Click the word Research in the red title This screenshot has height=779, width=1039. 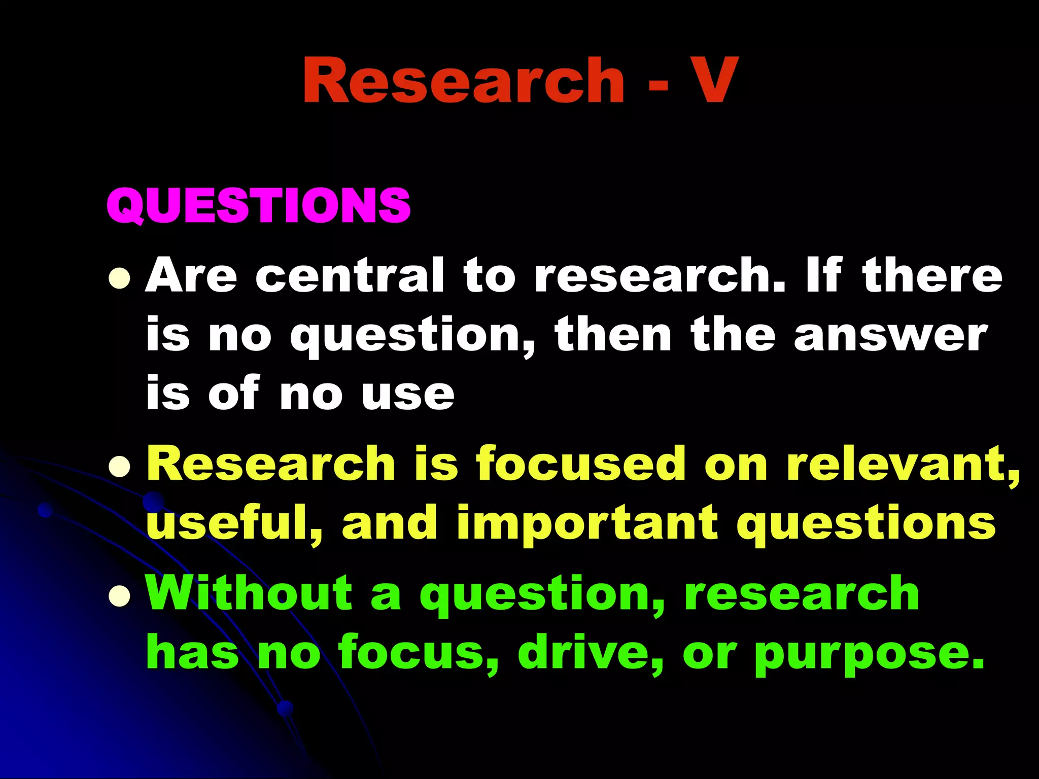coord(463,81)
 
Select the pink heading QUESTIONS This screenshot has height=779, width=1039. coord(259,205)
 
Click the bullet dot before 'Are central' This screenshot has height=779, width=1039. coord(120,278)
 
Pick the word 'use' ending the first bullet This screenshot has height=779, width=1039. coord(408,395)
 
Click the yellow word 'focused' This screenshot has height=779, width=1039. coord(581,464)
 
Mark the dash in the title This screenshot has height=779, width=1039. coord(658,84)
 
